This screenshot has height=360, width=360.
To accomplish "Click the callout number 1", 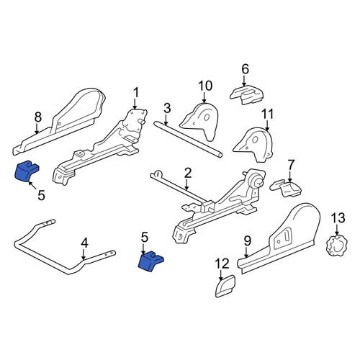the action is [136, 93].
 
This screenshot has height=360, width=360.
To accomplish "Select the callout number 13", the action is [338, 218].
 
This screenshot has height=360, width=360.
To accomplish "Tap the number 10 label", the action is [205, 86].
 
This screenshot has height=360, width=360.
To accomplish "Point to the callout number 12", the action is [222, 264].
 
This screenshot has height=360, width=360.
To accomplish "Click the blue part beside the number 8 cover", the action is [26, 171].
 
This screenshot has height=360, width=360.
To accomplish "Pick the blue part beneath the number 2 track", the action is [150, 261].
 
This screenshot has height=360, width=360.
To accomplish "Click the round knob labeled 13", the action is [338, 245].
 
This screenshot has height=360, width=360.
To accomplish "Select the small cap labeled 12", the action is [225, 286].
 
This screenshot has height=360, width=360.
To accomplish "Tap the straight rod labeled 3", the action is [188, 139].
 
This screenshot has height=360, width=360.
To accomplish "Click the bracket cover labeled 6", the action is [246, 94].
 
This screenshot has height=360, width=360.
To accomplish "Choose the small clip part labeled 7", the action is [285, 189].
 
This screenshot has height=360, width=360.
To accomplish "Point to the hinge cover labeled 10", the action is [201, 121].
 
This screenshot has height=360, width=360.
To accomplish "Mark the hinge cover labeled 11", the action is [254, 144].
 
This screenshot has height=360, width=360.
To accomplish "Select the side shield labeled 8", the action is [60, 122].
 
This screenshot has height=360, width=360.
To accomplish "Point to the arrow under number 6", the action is [244, 81].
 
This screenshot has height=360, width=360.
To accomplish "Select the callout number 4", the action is [84, 243].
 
